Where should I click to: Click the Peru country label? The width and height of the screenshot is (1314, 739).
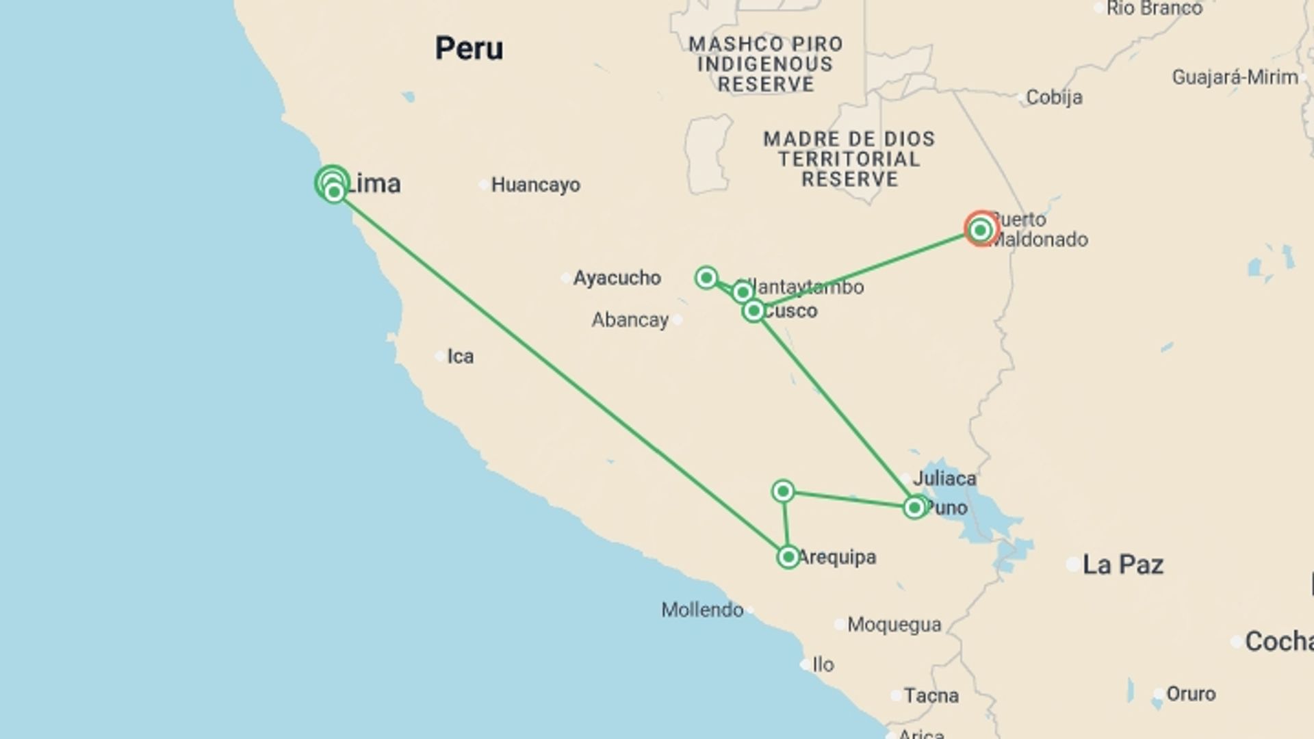click(469, 49)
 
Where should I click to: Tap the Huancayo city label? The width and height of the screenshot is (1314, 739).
click(535, 185)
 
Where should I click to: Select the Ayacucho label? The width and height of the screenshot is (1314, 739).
click(617, 278)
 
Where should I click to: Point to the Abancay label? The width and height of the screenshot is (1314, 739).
click(630, 320)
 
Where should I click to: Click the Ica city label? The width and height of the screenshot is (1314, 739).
click(460, 356)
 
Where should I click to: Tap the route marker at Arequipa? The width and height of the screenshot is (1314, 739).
click(788, 557)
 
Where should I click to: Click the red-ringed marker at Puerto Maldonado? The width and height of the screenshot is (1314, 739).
click(981, 229)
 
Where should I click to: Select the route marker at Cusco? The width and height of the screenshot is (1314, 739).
click(753, 311)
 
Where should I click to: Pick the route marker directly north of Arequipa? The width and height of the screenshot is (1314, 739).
click(783, 491)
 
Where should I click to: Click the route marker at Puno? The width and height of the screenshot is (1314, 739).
click(914, 508)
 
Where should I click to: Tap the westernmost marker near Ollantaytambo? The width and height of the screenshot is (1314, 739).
click(706, 278)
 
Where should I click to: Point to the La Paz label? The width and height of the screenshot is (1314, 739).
click(1122, 565)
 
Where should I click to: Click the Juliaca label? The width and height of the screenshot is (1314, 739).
click(944, 478)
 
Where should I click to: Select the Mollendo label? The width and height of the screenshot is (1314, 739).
click(702, 610)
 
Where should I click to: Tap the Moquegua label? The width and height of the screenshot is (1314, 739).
click(894, 625)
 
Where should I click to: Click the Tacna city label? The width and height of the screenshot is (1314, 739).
click(931, 696)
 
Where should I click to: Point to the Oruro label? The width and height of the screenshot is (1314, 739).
click(1191, 694)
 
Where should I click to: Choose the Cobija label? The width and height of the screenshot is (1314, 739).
click(1054, 98)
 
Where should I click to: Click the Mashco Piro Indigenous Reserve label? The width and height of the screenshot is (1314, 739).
click(765, 64)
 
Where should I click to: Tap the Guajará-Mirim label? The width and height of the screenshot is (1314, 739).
click(1235, 77)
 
